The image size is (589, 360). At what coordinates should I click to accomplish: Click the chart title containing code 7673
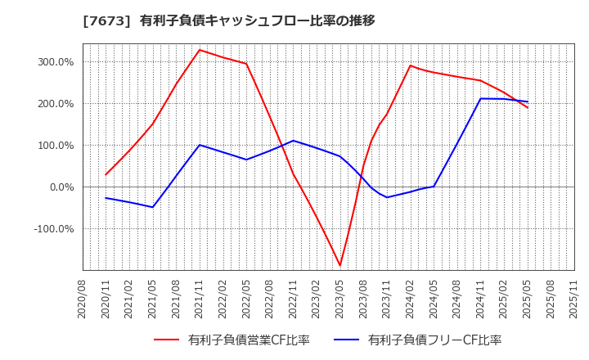click(228, 20)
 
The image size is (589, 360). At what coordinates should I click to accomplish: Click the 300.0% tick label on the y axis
click(56, 62)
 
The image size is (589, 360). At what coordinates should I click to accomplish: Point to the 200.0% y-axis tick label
click(56, 104)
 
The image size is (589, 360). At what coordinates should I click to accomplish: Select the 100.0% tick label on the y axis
click(56, 146)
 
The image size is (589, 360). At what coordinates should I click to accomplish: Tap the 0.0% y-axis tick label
click(61, 187)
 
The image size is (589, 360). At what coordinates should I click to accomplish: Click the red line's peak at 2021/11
click(200, 50)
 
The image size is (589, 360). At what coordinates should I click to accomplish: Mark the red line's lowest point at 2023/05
click(340, 266)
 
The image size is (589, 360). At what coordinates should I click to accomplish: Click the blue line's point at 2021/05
click(153, 207)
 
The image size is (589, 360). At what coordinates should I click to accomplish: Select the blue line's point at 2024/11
click(481, 99)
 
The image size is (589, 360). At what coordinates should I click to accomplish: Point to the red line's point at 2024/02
click(411, 65)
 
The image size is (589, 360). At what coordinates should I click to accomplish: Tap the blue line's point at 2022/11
click(294, 141)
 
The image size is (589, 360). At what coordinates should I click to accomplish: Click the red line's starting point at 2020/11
click(106, 174)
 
